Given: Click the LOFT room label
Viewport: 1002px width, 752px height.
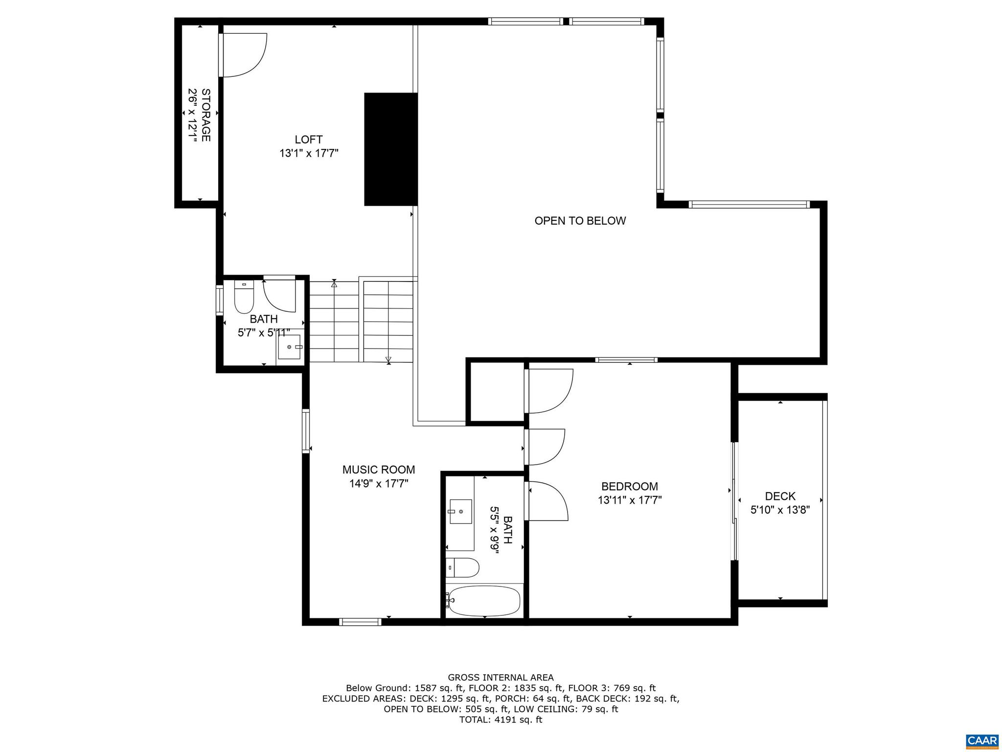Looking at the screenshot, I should [x=308, y=140].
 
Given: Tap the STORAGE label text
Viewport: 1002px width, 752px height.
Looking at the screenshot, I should [x=206, y=115].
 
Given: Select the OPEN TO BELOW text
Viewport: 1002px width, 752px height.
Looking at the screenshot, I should [x=580, y=221].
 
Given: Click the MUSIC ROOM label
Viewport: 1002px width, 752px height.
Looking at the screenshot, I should [x=378, y=470].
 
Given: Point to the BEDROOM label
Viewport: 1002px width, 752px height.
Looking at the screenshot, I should [x=629, y=487].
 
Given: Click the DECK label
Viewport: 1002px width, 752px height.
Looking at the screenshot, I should [x=780, y=496].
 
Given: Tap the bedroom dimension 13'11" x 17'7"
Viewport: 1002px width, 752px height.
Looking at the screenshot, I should [x=629, y=500].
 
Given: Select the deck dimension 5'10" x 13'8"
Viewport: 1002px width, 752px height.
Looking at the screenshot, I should [x=780, y=510].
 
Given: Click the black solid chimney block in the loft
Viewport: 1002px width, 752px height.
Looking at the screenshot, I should [x=390, y=149].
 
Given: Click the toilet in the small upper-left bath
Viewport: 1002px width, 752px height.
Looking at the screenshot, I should [x=243, y=298].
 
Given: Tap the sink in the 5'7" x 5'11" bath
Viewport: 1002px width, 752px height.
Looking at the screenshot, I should [x=291, y=347].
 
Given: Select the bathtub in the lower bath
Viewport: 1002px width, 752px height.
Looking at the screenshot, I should [x=484, y=601].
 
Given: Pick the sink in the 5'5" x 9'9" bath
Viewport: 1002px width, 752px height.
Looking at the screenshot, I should [x=460, y=512].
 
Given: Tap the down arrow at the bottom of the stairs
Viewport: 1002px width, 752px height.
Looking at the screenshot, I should [x=388, y=360].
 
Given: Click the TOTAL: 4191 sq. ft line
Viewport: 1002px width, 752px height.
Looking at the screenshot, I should [x=501, y=720].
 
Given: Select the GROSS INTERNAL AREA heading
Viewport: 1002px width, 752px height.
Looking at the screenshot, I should [x=501, y=678].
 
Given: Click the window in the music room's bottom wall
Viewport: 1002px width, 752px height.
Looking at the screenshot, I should [x=360, y=622].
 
